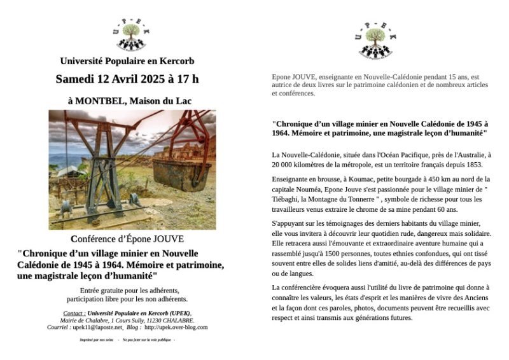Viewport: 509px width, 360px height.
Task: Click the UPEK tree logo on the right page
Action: (x=380, y=39)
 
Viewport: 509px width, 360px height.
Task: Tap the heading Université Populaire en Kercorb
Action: (x=127, y=62)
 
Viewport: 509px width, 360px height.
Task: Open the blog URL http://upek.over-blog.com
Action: (x=176, y=327)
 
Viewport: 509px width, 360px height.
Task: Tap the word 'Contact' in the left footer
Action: (x=74, y=313)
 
